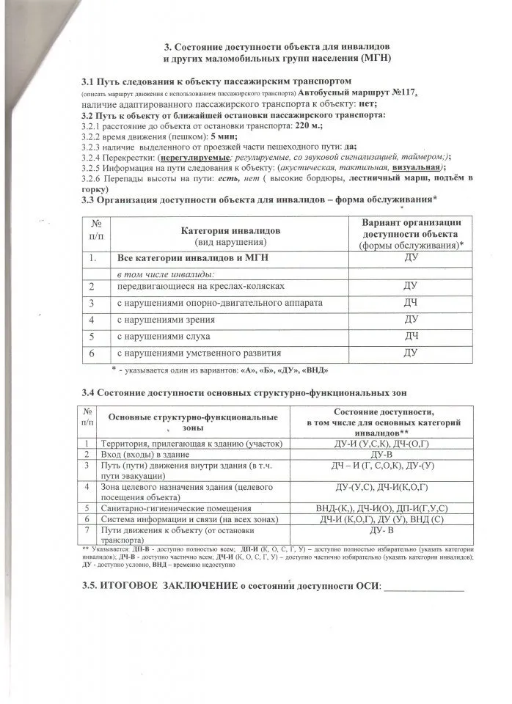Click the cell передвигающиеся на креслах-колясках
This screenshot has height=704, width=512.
pyautogui.click(x=200, y=285)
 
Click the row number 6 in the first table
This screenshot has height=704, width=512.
pyautogui.click(x=93, y=353)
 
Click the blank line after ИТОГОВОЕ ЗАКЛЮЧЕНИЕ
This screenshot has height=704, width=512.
pyautogui.click(x=424, y=589)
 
